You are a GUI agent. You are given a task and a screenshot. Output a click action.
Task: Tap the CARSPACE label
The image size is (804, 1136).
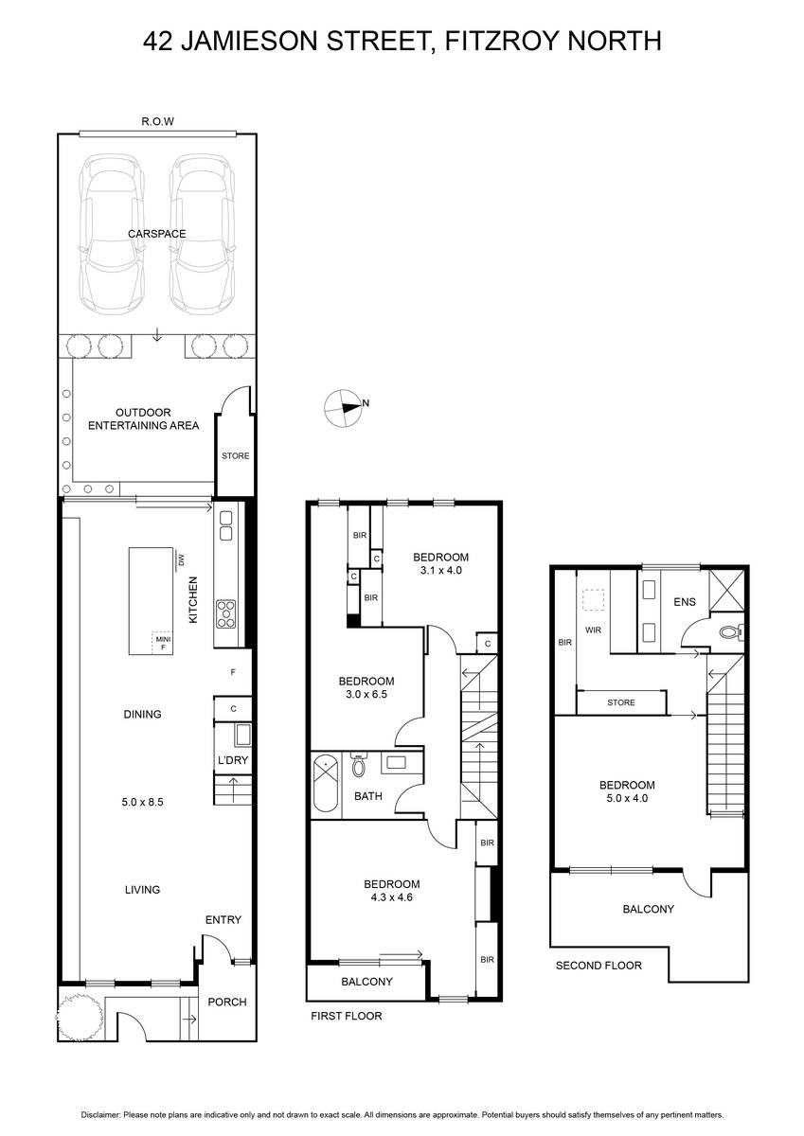tap(157, 234)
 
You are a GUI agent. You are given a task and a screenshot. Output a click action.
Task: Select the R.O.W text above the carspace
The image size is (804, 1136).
tap(158, 122)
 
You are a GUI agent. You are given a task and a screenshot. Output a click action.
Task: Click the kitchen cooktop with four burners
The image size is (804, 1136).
tap(225, 613)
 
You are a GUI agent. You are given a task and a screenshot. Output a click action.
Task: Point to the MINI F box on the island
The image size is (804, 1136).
tap(163, 643)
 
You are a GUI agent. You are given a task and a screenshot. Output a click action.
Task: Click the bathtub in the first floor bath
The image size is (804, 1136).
tap(326, 786)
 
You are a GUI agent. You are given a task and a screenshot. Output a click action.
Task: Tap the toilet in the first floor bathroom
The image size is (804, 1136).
tap(358, 765)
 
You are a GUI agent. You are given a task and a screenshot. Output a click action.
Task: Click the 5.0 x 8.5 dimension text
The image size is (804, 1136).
tap(143, 803)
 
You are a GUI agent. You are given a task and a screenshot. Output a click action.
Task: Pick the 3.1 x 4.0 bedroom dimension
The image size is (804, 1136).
tap(440, 571)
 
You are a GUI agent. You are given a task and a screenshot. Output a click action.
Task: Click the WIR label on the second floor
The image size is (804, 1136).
tap(593, 630)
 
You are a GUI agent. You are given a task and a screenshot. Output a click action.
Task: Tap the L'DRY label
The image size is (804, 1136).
tap(233, 760)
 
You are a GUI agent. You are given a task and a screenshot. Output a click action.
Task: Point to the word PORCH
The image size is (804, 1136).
tap(227, 1003)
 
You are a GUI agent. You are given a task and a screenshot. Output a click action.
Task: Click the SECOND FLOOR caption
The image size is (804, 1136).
tap(599, 966)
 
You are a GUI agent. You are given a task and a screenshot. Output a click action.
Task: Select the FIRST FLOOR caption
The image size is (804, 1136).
tap(347, 1016)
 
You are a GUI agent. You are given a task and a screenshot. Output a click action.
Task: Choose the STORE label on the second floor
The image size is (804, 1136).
tap(621, 702)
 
